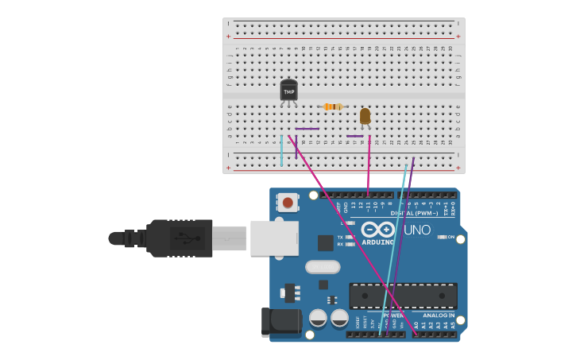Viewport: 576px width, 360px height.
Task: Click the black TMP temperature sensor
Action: pyautogui.click(x=288, y=91)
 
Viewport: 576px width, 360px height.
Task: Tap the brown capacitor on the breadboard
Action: pyautogui.click(x=365, y=116)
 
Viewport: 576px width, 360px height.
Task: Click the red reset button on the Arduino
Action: pyautogui.click(x=288, y=202)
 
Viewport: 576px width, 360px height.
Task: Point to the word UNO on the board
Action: pyautogui.click(x=416, y=230)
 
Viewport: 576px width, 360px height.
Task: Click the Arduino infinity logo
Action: pyautogui.click(x=377, y=230)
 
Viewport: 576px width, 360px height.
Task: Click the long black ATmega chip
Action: pyautogui.click(x=403, y=296)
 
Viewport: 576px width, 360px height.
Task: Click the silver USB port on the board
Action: pyautogui.click(x=274, y=238)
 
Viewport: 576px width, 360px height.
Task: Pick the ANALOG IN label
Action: pyautogui.click(x=438, y=315)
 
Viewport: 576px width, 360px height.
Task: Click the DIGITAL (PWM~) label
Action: pyautogui.click(x=413, y=213)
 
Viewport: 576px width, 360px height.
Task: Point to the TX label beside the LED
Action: pyautogui.click(x=340, y=237)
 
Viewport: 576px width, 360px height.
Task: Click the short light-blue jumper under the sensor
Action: pyautogui.click(x=281, y=150)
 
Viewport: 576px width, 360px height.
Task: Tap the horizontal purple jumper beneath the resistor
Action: pyautogui.click(x=307, y=129)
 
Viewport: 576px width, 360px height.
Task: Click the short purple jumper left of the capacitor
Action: pyautogui.click(x=354, y=136)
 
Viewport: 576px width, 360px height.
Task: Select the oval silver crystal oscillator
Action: pyautogui.click(x=323, y=267)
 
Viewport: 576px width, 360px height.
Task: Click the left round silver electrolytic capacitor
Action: pyautogui.click(x=318, y=318)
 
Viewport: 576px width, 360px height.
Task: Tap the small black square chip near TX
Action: pyautogui.click(x=325, y=242)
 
